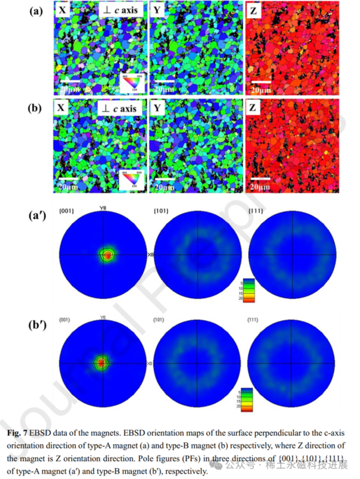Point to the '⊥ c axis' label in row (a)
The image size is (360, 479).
pos(119,10)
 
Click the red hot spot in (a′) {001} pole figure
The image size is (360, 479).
pos(107,255)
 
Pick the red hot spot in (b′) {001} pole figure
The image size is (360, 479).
pos(102,362)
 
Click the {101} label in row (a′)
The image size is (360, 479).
pos(160,212)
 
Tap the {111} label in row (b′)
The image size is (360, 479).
pos(253,320)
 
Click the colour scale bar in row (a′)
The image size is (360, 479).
pos(248,291)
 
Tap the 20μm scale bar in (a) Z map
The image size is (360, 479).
pos(261,81)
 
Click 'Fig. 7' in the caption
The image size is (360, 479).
pos(18,434)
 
